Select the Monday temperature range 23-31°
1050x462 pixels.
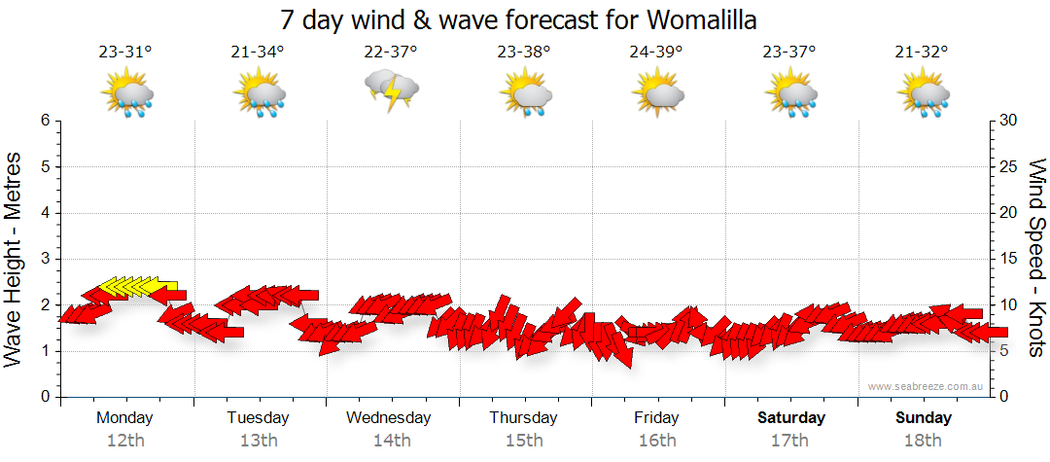coord(125,53)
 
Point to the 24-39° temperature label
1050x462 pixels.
coord(656,53)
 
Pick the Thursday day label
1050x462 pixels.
coord(523,418)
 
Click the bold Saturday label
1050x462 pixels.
coord(791,418)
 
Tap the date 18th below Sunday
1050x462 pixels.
coord(923,441)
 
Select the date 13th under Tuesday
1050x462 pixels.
coord(258,441)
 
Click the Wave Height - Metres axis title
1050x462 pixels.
coord(15,259)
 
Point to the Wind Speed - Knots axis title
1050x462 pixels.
coord(1036,259)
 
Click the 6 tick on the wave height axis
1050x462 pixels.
coord(45,121)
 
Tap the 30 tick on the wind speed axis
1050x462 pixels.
coord(1008,121)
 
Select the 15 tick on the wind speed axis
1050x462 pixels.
coord(1008,259)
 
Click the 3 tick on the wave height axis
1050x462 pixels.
coord(45,259)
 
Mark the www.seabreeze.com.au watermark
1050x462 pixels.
coord(927,387)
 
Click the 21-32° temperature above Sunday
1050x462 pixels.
coord(922,53)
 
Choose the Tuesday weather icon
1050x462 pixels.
coord(259,93)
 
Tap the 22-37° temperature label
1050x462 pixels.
coord(391,53)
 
